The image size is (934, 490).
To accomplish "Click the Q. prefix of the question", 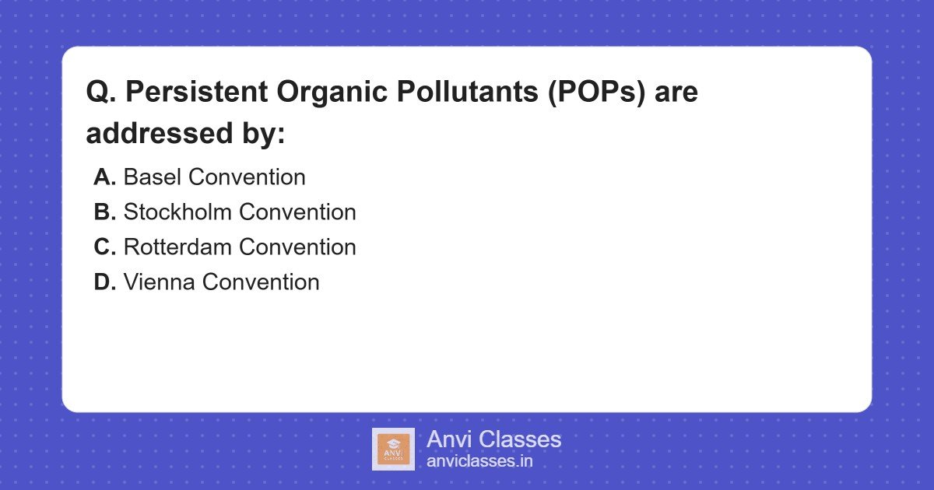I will point(100,93).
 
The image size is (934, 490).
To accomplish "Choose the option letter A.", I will point(104,177).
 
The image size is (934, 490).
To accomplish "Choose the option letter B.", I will point(104,212).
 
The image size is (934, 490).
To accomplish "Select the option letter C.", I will point(104,247).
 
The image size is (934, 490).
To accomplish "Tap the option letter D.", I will point(104,282).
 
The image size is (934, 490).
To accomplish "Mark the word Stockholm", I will point(178,212).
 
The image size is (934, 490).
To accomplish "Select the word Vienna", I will point(160,282).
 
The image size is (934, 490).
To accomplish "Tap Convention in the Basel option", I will point(247,177).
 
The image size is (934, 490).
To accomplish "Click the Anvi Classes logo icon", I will point(393,449).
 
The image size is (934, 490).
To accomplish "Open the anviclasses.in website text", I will point(479,461).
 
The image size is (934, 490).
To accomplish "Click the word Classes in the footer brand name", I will point(519,439).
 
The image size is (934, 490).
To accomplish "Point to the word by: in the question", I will point(262,133).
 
